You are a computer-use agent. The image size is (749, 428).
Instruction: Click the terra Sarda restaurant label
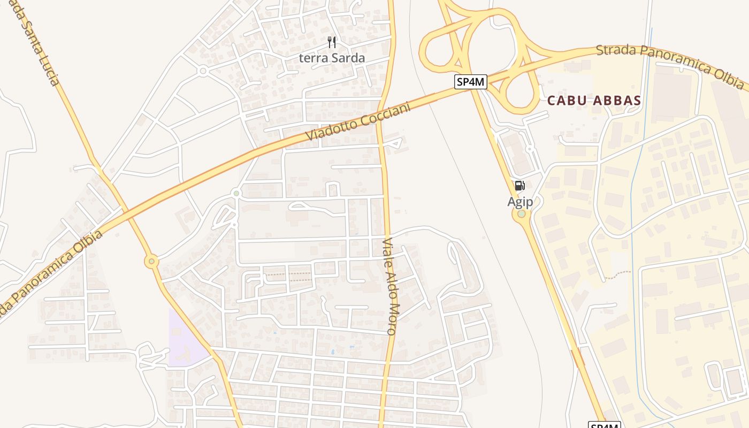[332, 58]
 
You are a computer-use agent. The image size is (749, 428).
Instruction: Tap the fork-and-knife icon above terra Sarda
[332, 42]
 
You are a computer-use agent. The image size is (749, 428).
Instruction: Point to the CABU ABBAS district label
[594, 101]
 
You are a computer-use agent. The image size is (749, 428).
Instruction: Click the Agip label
[520, 202]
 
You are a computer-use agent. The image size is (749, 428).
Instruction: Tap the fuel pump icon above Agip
[519, 186]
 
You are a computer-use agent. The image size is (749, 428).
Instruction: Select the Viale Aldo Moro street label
[389, 286]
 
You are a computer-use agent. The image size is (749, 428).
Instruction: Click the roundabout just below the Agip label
[521, 214]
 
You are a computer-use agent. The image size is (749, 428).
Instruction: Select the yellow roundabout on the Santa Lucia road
[152, 262]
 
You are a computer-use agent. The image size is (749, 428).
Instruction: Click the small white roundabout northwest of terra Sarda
[202, 71]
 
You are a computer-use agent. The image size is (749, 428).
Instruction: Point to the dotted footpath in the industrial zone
[621, 274]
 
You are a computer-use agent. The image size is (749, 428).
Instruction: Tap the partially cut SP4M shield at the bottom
[605, 425]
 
